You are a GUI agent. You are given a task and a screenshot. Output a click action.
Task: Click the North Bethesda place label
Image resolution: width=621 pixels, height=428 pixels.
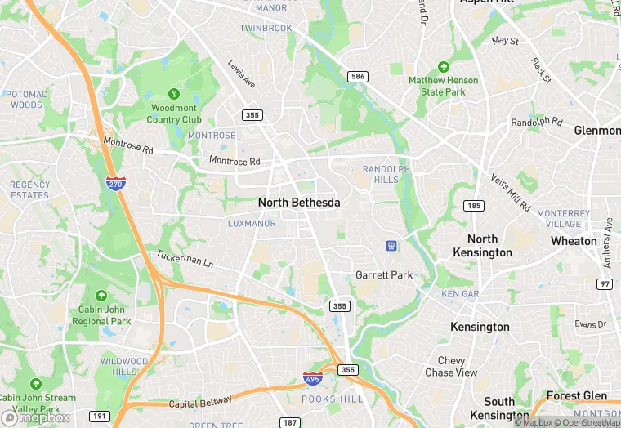pyautogui.click(x=298, y=202)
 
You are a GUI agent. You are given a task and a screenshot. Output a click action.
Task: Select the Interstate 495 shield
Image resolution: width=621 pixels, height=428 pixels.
pyautogui.click(x=311, y=378)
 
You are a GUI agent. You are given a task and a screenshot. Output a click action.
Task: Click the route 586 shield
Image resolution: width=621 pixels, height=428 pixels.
pyautogui.click(x=357, y=77)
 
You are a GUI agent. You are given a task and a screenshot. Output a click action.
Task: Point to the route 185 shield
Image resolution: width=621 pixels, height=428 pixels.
pyautogui.click(x=472, y=205)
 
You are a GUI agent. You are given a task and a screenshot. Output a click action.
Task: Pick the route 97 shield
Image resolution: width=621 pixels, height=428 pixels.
pyautogui.click(x=605, y=283)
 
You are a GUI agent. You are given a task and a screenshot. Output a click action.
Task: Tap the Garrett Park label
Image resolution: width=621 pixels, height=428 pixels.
pyautogui.click(x=384, y=275)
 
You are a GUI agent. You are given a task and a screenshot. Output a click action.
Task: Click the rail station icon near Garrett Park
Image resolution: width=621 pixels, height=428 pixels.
pyautogui.click(x=391, y=245)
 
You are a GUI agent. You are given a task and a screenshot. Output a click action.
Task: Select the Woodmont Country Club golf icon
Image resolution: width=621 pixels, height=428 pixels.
pyautogui.click(x=173, y=94)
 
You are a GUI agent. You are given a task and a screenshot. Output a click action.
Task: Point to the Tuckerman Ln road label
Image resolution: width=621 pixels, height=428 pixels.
pyautogui.click(x=185, y=261)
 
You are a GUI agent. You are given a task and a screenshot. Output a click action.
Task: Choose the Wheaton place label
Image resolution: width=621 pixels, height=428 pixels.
pyautogui.click(x=574, y=241)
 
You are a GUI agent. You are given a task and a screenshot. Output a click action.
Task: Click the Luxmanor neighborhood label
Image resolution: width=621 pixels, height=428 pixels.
pyautogui.click(x=252, y=223)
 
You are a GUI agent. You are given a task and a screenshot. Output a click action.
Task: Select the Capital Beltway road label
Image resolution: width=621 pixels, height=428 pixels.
pyautogui.click(x=200, y=402)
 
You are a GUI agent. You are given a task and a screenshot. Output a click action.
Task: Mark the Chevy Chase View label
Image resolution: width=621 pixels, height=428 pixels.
pyautogui.click(x=451, y=367)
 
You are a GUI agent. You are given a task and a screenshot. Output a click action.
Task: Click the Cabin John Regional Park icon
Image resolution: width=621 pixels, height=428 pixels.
pyautogui.click(x=101, y=296)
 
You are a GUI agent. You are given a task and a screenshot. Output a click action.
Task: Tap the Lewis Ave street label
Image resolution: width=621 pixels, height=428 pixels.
pyautogui.click(x=241, y=74)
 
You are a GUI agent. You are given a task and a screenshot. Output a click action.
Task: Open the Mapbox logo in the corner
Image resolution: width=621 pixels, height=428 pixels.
pyautogui.click(x=36, y=417)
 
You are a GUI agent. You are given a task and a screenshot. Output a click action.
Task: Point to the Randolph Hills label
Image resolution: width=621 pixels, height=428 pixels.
pyautogui.click(x=386, y=174)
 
